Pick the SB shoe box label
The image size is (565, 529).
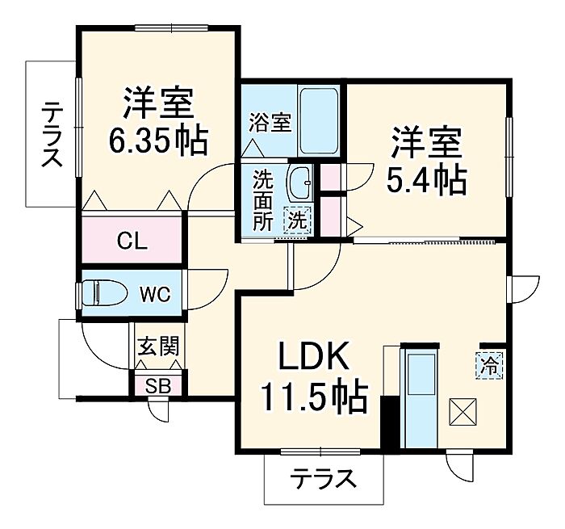click(x=157, y=385)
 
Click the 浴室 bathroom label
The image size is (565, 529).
click(x=270, y=123)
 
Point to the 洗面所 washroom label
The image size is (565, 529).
click(x=263, y=201)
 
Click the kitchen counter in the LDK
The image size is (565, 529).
click(x=421, y=396)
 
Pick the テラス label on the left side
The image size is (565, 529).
click(x=51, y=133)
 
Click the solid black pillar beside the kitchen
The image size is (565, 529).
click(x=389, y=422)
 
